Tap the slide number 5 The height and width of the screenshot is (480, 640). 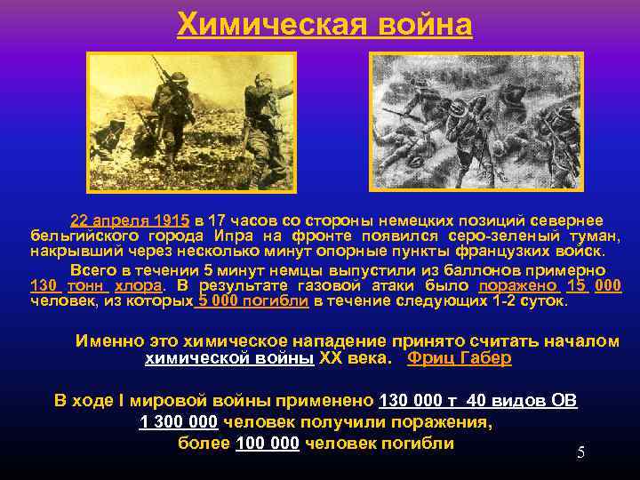(x=580, y=452)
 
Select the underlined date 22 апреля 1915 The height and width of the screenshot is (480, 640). (x=130, y=220)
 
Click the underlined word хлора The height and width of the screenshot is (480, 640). (x=139, y=285)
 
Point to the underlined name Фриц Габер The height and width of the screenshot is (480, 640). (x=459, y=358)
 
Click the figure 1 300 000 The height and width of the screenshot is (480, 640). (x=179, y=422)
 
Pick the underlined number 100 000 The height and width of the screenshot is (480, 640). (x=268, y=444)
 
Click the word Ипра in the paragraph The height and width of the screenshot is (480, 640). (x=235, y=236)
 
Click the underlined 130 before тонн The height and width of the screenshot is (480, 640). (x=44, y=285)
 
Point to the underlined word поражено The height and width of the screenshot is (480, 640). (x=519, y=285)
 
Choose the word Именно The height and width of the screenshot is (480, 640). (x=104, y=340)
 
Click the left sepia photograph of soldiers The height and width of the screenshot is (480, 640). (x=190, y=121)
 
